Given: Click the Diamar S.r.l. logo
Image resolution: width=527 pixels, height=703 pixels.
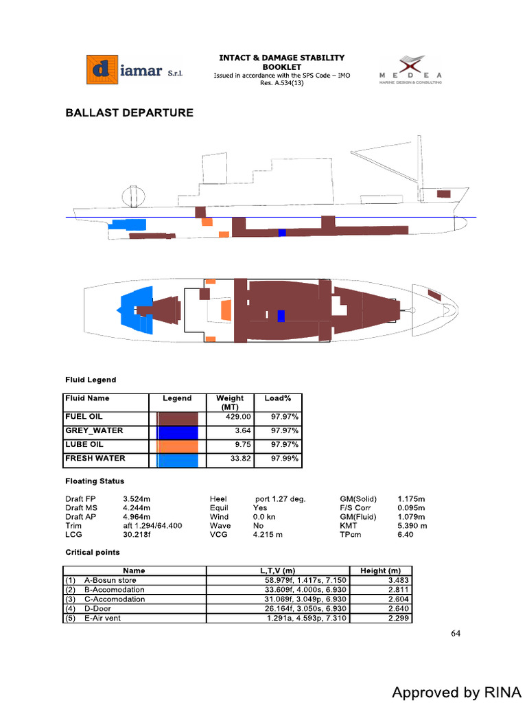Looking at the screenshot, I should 135,70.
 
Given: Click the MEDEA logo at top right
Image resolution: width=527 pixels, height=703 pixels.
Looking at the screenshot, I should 411,69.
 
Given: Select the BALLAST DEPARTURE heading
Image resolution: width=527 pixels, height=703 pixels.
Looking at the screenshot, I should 129,113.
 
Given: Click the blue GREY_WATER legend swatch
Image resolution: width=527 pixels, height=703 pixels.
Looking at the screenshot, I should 178,433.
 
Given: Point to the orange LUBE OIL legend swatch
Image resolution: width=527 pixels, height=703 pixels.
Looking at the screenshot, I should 178,446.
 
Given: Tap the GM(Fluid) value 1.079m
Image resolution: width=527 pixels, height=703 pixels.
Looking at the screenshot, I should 411,516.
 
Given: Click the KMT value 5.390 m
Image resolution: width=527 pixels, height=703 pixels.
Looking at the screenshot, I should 412,525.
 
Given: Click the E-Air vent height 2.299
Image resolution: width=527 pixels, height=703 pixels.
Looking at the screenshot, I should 397,618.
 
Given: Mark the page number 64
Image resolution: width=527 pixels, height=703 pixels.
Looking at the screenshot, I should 456,633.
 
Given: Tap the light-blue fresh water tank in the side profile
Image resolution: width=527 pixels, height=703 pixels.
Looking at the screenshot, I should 128,224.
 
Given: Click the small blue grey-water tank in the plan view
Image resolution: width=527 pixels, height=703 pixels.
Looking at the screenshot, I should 281,316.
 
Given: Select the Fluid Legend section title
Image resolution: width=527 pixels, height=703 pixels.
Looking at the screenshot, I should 91,380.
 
